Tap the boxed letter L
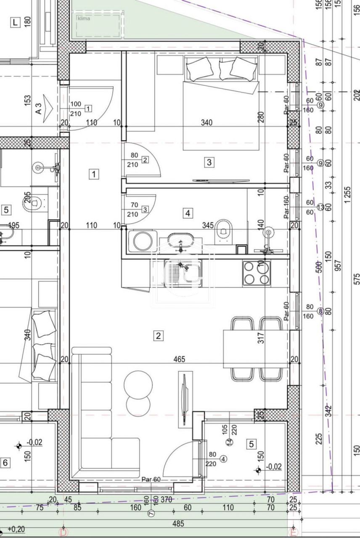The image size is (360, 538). (x=16, y=23)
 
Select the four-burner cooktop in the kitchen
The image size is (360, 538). (x=256, y=273)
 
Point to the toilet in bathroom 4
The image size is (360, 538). (x=223, y=232)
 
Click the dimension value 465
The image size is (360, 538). (x=179, y=359)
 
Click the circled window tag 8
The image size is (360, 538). (x=320, y=311)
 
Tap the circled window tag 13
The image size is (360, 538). (x=320, y=207)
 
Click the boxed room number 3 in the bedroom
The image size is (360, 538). (x=209, y=162)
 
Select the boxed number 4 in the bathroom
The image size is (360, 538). (x=188, y=214)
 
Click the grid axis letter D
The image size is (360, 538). (x=63, y=533)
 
